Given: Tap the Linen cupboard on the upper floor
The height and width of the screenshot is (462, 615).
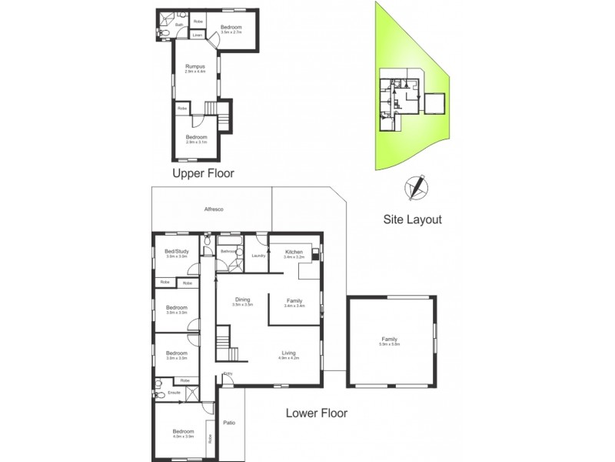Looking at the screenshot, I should tap(198, 35).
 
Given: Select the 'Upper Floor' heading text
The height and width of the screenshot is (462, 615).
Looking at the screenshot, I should tap(203, 173).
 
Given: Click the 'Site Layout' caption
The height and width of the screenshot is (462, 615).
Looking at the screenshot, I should tap(413, 219).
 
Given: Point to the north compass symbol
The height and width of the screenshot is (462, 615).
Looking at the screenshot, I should tap(416, 186).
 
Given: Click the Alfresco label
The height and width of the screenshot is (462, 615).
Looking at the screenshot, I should tap(213, 210).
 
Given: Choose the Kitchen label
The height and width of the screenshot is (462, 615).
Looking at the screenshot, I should tap(294, 253).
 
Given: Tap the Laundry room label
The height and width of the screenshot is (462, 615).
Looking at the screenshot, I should tap(258, 256).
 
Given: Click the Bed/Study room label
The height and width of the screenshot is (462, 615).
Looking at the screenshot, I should tap(177, 252).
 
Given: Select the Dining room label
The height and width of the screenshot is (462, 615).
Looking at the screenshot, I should tap(243, 300).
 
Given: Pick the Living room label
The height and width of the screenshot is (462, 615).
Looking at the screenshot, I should tap(289, 353).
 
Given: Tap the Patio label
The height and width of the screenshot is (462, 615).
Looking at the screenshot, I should tap(229, 423).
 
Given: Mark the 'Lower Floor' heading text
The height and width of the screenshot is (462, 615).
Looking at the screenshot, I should tap(317, 413).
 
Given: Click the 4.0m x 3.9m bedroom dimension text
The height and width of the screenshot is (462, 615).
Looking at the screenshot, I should tap(183, 437).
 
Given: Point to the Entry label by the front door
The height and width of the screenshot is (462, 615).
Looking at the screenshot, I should tap(228, 375).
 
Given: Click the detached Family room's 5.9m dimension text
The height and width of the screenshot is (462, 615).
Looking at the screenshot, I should tap(392, 344).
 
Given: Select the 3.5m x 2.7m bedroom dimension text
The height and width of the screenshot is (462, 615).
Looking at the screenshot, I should tap(231, 32).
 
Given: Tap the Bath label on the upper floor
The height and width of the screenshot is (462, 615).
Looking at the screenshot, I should tap(179, 25).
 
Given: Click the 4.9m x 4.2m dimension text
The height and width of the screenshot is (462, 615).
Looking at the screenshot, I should tap(289, 359).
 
